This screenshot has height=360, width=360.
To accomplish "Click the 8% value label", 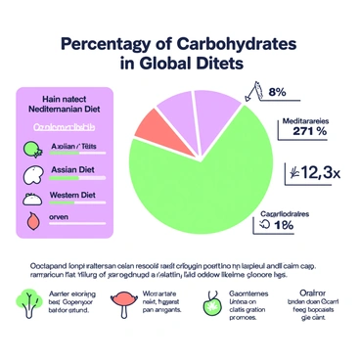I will click(x=276, y=93).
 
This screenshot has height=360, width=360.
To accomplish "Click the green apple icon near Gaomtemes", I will click(x=208, y=304).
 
